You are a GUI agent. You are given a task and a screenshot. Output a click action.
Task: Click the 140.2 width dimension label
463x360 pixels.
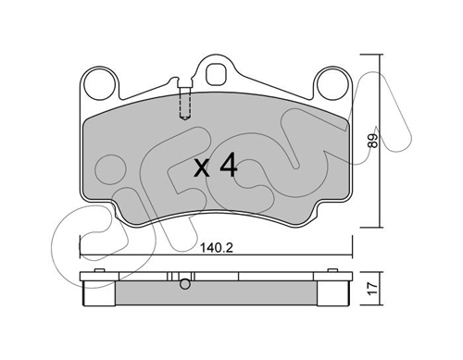[x=217, y=247]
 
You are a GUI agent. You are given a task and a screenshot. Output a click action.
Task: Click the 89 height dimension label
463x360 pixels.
[x=373, y=141]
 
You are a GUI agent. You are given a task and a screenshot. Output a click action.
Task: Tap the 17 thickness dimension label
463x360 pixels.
[x=373, y=289]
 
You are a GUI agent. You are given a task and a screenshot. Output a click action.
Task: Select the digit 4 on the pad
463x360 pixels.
[x=228, y=167]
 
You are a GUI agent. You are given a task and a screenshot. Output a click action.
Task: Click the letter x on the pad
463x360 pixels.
[x=203, y=169]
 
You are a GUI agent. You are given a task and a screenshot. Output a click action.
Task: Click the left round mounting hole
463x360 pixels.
[x=101, y=84]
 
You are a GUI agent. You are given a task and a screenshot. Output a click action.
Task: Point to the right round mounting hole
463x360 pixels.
[x=333, y=84]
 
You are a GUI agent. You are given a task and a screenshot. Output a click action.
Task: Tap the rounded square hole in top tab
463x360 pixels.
[x=217, y=74]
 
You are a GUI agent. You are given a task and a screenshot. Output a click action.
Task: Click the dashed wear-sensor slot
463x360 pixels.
[x=185, y=104]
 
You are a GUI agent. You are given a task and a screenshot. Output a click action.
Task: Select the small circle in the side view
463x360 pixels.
[x=185, y=284]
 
